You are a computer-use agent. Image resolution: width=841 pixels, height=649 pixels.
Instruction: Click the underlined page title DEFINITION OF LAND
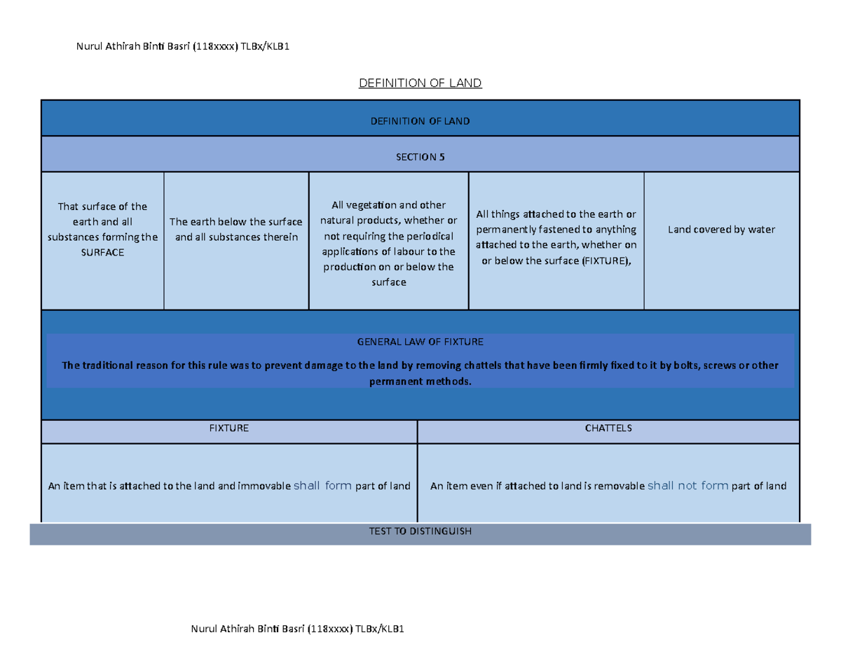tap(420, 83)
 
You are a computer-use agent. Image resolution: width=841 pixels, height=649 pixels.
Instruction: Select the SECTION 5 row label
tap(420, 157)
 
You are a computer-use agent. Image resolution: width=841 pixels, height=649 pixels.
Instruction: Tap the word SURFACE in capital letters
tap(102, 252)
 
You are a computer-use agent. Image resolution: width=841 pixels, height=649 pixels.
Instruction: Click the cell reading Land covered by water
tap(721, 229)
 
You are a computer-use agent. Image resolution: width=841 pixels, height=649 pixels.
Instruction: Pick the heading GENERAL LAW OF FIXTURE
tap(420, 342)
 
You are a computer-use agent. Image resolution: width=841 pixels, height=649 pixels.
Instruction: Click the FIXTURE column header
tap(229, 428)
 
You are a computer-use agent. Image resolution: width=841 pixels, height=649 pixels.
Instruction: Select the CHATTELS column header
tap(608, 428)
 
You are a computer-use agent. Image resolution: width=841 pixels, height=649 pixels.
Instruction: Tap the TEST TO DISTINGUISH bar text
tap(420, 531)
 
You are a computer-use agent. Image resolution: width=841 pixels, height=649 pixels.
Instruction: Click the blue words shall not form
tap(688, 486)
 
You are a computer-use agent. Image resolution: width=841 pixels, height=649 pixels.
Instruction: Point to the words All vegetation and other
tap(388, 205)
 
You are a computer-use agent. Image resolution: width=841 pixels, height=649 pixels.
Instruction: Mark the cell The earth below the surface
tap(236, 222)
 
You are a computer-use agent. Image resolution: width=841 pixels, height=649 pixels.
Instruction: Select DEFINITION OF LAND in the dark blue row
tap(420, 121)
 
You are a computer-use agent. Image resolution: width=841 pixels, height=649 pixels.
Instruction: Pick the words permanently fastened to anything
tap(556, 229)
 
